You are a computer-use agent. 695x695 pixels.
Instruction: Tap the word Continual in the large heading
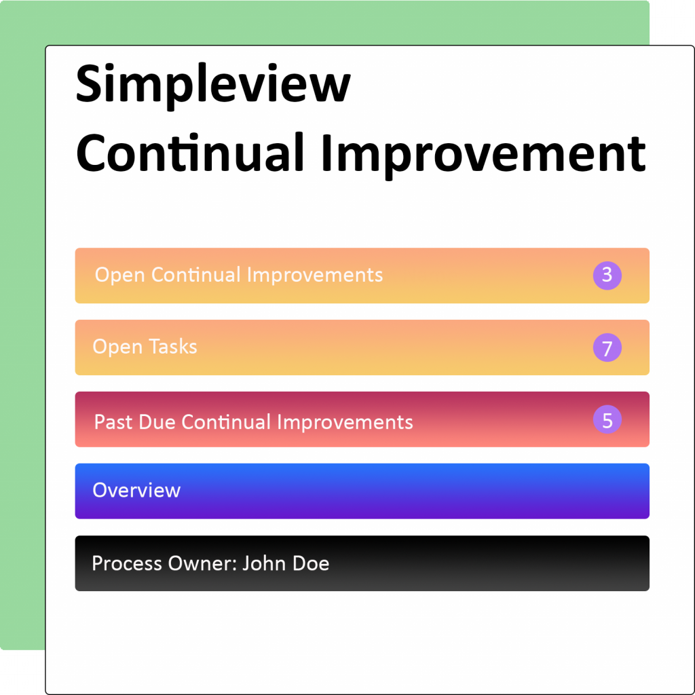(190, 153)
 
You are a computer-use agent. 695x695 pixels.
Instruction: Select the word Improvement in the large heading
(483, 155)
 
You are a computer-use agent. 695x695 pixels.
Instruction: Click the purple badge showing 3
(607, 276)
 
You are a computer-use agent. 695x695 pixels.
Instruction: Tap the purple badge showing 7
(607, 347)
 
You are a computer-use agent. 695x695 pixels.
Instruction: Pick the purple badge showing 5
(607, 419)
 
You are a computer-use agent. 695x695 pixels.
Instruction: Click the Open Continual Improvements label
(239, 276)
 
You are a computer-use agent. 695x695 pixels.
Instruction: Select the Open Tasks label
(145, 347)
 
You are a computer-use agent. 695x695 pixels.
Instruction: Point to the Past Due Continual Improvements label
(254, 422)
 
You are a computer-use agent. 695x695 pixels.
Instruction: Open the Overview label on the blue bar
(136, 490)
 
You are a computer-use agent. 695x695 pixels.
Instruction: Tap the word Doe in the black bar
(311, 563)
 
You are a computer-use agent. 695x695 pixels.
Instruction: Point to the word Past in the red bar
(113, 422)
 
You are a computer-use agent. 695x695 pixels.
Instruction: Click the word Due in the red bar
(157, 422)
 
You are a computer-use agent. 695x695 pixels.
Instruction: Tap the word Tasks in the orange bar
(173, 347)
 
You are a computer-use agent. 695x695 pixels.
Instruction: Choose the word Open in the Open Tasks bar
(117, 347)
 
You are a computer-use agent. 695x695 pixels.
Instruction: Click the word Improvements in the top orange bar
(315, 276)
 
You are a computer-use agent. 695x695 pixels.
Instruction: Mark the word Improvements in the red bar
(345, 422)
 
